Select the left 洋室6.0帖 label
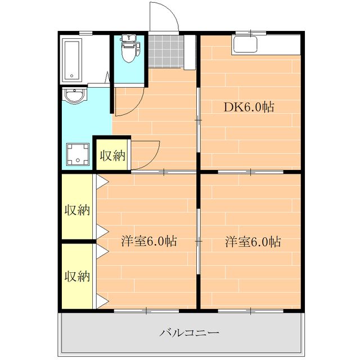pyautogui.click(x=149, y=242)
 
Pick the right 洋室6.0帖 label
pyautogui.click(x=253, y=242)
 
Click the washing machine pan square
pyautogui.click(x=78, y=153)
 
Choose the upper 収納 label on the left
pyautogui.click(x=77, y=210)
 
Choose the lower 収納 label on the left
pyautogui.click(x=77, y=276)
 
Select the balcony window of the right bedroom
pyautogui.click(x=250, y=310)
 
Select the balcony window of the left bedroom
pyautogui.click(x=146, y=310)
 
